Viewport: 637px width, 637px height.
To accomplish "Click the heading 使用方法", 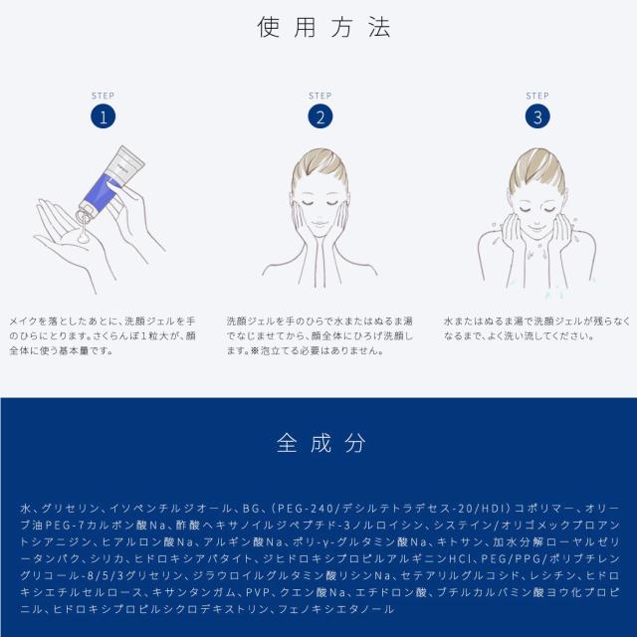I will point(318,27).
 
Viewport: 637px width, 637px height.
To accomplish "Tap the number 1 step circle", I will point(103,116).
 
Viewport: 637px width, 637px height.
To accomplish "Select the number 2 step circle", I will point(319,116).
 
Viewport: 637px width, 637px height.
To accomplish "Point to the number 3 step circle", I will point(536,116).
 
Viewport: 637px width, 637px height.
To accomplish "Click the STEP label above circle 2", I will point(319,96).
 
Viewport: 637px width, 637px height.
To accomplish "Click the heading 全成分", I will point(318,441).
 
